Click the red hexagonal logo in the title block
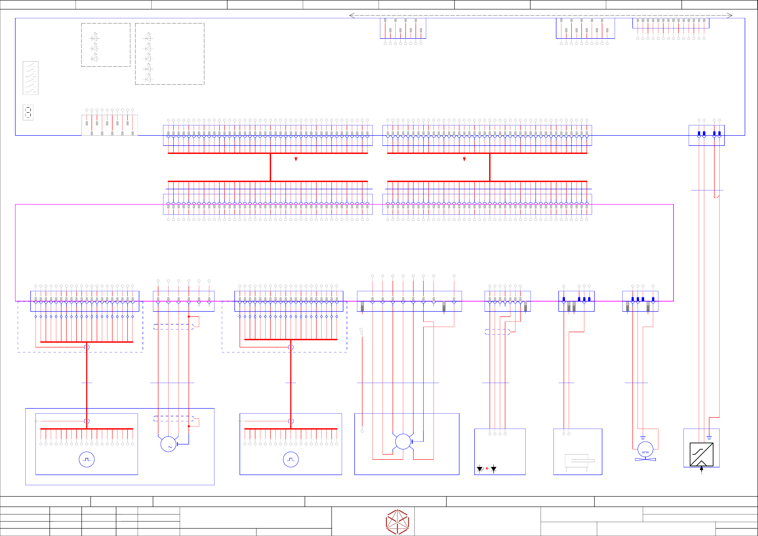coord(398,522)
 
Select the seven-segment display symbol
coord(28,112)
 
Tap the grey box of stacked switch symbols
coord(30,78)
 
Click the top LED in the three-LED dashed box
coord(95,38)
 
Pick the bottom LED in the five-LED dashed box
coord(148,79)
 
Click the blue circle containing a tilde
coord(168,444)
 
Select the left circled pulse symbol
coord(87,459)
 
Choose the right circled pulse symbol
coord(291,459)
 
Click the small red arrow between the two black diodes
coord(487,468)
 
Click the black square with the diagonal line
coord(702,454)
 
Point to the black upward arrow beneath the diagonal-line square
coord(702,469)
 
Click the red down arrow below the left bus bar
coord(296,159)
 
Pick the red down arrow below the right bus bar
coord(464,159)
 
